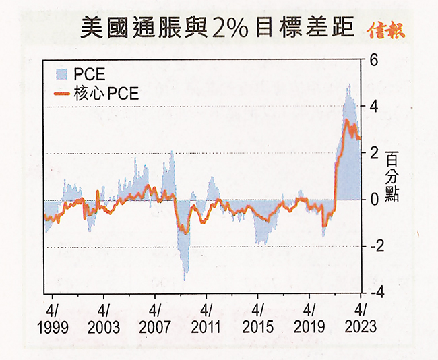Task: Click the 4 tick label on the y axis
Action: (x=373, y=107)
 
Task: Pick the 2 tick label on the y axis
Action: (x=373, y=153)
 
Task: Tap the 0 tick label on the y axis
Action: (x=373, y=200)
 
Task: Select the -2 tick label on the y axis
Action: (x=371, y=246)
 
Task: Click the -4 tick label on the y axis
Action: (x=371, y=293)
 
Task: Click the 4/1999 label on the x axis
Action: (x=52, y=319)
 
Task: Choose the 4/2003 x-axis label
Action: (x=103, y=319)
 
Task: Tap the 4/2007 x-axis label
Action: (x=154, y=319)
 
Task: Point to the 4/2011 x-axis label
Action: (x=206, y=319)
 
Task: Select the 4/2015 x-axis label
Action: (x=257, y=319)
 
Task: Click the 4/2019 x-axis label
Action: (x=309, y=319)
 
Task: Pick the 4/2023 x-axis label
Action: (x=360, y=319)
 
